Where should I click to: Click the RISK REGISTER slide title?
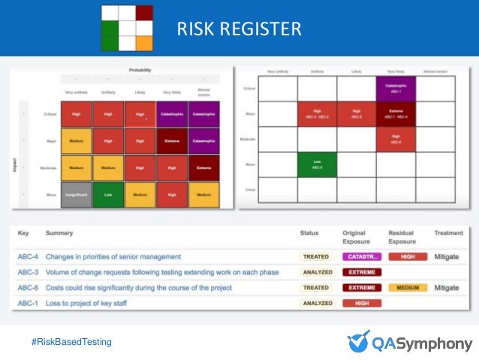pyautogui.click(x=239, y=29)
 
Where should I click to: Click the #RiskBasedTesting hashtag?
pyautogui.click(x=71, y=342)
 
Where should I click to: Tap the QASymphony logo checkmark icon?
pyautogui.click(x=359, y=340)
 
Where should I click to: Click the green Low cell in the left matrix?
pyautogui.click(x=108, y=195)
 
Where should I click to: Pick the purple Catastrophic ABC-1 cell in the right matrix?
pyautogui.click(x=395, y=89)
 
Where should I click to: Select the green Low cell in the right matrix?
pyautogui.click(x=317, y=163)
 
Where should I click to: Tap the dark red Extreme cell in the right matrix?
pyautogui.click(x=395, y=113)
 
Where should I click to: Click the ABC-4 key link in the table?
pyautogui.click(x=29, y=256)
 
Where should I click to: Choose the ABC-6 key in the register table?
pyautogui.click(x=29, y=287)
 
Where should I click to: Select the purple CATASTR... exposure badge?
pyautogui.click(x=362, y=256)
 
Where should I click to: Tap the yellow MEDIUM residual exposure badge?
pyautogui.click(x=408, y=287)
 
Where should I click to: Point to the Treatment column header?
pyautogui.click(x=448, y=234)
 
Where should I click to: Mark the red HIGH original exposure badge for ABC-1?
pyautogui.click(x=362, y=303)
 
